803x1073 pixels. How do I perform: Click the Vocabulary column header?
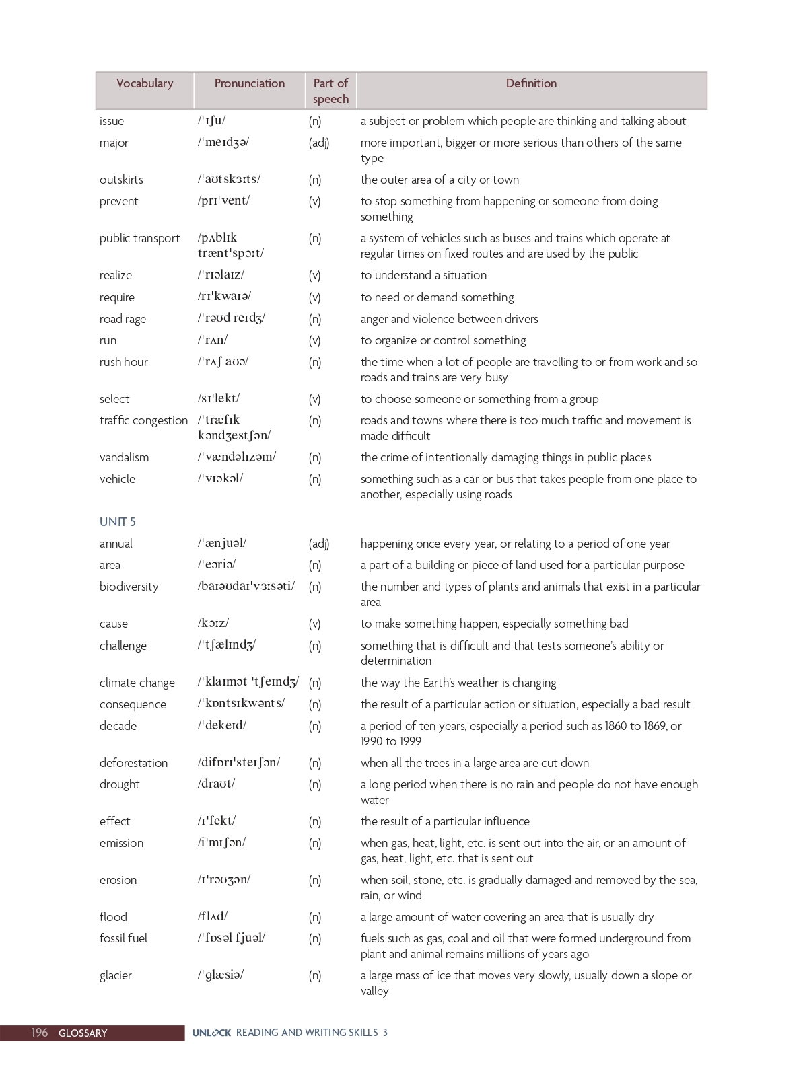[145, 83]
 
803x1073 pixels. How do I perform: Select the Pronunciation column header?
[249, 83]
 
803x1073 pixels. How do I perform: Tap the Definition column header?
[531, 83]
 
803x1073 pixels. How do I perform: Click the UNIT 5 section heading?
[118, 522]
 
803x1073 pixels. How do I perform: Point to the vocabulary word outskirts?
[121, 180]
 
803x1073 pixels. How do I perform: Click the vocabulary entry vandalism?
[124, 457]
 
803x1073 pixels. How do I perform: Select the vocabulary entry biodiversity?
[129, 587]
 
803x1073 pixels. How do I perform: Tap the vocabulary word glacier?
[116, 975]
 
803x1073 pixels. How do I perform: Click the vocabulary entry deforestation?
[133, 763]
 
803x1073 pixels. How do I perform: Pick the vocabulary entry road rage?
[123, 319]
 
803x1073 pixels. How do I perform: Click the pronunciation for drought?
[216, 784]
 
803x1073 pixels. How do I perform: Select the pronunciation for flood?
[213, 916]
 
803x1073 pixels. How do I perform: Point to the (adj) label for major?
[319, 143]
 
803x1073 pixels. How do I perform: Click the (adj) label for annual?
[319, 544]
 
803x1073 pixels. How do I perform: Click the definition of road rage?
[449, 319]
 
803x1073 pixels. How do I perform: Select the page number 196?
[40, 1033]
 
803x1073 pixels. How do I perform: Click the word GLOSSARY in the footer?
[83, 1033]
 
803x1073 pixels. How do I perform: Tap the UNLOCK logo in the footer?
[211, 1033]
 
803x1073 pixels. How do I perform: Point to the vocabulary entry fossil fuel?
[123, 938]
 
